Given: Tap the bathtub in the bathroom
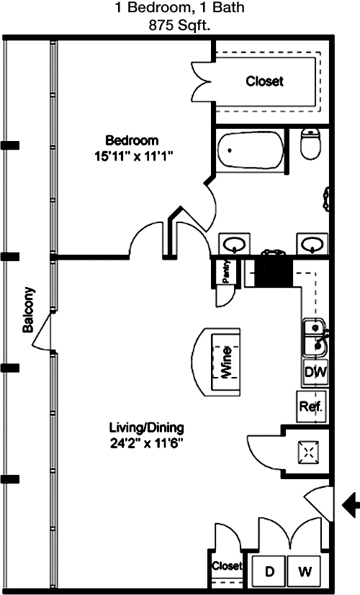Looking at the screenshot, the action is coord(251,150).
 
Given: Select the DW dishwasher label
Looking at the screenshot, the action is coord(315,372).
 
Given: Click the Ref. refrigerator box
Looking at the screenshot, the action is coord(311,406).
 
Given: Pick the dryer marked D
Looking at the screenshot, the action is coord(269,571).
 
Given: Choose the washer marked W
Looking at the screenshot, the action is coord(305,571).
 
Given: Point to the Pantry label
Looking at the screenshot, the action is coord(226,271).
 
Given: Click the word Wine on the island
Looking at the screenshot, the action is coord(226,362).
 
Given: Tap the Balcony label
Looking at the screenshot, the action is coord(29,310).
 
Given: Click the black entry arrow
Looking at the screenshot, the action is coord(351,504).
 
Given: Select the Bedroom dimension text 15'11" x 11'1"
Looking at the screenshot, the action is coord(134,157).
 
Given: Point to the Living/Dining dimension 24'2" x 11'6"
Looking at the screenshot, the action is coord(147,443).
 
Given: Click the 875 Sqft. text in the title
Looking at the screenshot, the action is coord(179,25).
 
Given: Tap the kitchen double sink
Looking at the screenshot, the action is coord(315,337).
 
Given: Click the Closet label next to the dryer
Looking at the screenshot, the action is coord(227,566).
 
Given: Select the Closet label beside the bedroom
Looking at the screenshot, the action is coord(265,81).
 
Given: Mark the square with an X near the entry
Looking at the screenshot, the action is coord(308,452).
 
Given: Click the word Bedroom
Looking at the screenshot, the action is coord(132,140).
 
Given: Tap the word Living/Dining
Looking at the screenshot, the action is coord(147,427).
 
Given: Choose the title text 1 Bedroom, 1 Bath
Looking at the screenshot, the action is coord(179,7).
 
